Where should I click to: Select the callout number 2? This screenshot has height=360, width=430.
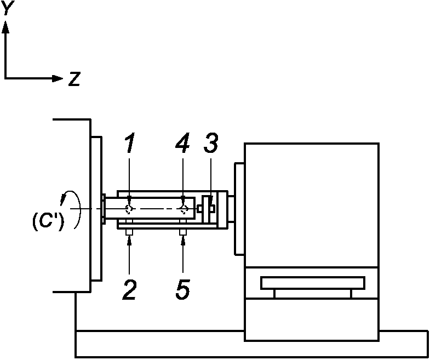click(x=129, y=289)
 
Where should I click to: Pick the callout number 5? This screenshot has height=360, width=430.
click(x=184, y=289)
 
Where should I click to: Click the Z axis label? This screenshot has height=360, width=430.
click(x=74, y=79)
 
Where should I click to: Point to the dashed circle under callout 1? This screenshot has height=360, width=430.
click(x=129, y=209)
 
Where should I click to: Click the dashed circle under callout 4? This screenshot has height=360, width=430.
click(x=184, y=209)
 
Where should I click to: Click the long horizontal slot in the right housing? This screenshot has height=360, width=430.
click(x=312, y=283)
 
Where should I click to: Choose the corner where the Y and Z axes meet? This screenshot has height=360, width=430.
click(x=5, y=78)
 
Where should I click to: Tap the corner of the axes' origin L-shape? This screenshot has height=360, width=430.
click(x=5, y=78)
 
